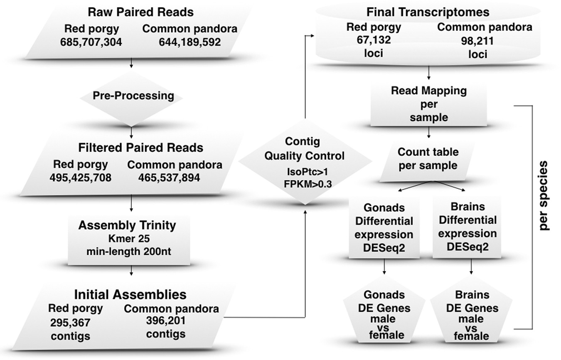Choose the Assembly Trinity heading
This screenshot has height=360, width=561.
pos(127,225)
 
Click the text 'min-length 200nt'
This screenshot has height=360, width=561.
pos(127,251)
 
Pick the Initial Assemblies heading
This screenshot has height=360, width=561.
pos(130,295)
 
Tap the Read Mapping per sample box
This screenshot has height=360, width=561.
pos(429,104)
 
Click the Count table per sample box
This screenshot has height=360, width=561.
pos(428,158)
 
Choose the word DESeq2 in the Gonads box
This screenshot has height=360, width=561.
pos(384,247)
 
